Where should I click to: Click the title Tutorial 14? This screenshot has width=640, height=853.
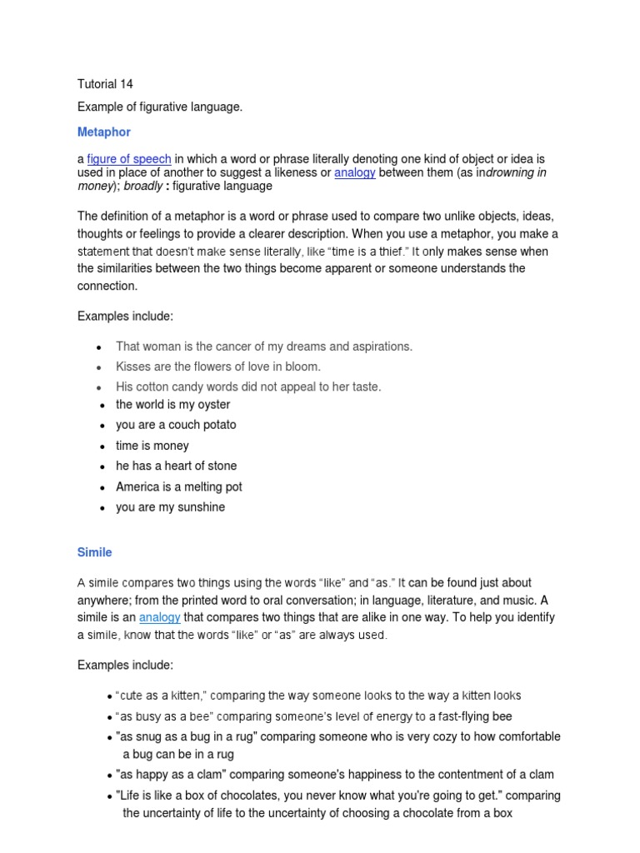point(105,84)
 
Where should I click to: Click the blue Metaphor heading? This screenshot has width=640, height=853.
point(103,132)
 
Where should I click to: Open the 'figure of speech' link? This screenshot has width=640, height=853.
point(129,159)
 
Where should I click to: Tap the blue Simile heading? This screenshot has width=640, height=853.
point(94,552)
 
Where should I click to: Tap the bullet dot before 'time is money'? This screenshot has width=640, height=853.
point(100,446)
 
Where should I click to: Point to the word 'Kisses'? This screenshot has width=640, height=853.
point(132,367)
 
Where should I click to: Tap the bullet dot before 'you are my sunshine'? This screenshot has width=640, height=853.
point(100,508)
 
